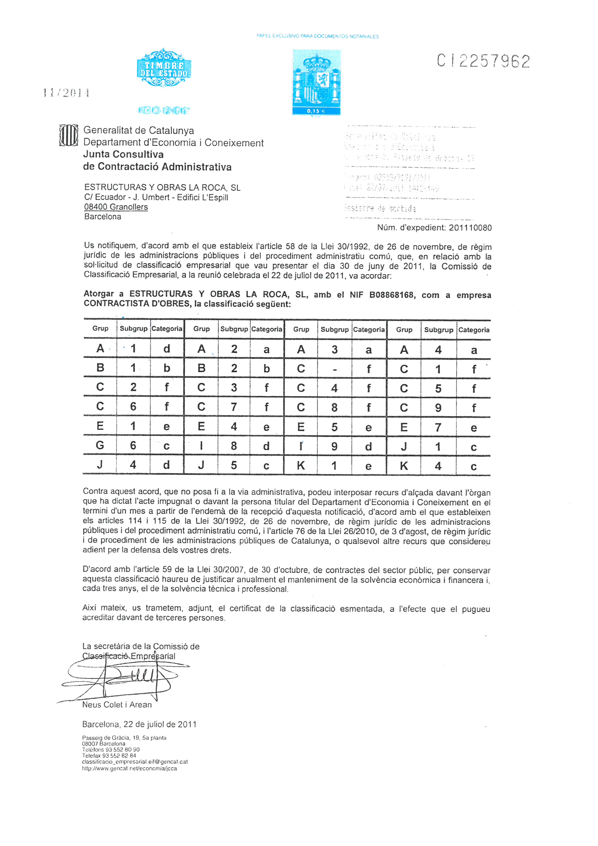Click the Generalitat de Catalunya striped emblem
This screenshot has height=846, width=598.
(x=68, y=135)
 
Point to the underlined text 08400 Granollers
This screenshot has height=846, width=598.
(x=116, y=207)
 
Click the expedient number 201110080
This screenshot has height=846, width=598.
(x=470, y=228)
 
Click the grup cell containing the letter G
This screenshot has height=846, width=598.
(x=100, y=446)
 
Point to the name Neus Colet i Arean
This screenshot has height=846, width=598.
(x=117, y=704)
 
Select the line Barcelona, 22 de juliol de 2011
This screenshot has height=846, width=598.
(x=139, y=724)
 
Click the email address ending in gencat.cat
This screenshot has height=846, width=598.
(x=135, y=762)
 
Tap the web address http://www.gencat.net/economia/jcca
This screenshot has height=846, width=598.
(x=129, y=768)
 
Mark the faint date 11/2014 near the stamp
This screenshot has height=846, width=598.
(x=66, y=92)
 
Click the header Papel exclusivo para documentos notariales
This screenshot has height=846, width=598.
(x=317, y=36)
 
